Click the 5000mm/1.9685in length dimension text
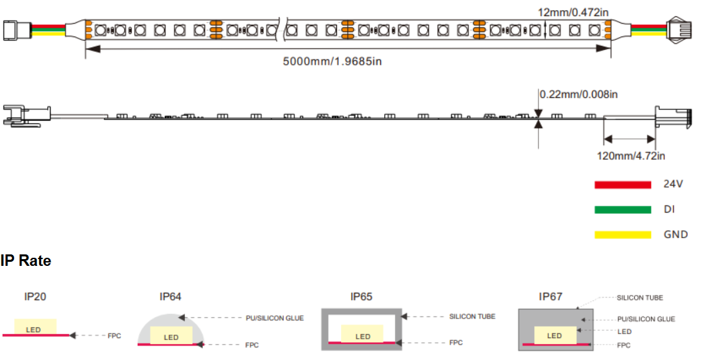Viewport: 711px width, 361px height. click(332, 61)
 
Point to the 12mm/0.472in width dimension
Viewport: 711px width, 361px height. click(573, 12)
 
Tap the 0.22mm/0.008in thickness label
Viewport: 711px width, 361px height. click(579, 94)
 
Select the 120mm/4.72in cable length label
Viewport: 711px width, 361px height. click(631, 156)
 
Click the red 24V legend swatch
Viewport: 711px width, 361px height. click(623, 184)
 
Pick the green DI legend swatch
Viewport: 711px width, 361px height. click(623, 209)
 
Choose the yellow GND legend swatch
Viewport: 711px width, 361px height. click(623, 235)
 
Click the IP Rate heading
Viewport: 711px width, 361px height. click(26, 261)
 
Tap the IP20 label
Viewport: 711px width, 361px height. click(35, 297)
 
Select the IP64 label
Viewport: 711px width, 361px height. click(171, 297)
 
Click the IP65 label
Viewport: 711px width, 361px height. click(361, 297)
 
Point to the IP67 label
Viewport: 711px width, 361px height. click(550, 297)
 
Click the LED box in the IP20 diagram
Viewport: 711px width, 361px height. click(35, 327)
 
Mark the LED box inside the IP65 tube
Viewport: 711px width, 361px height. click(363, 333)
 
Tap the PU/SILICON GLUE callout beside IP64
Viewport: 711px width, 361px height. click(275, 318)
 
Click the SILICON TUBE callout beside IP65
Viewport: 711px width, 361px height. click(473, 316)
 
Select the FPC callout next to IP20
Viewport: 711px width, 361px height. click(114, 335)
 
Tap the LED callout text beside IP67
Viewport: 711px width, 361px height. click(625, 331)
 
